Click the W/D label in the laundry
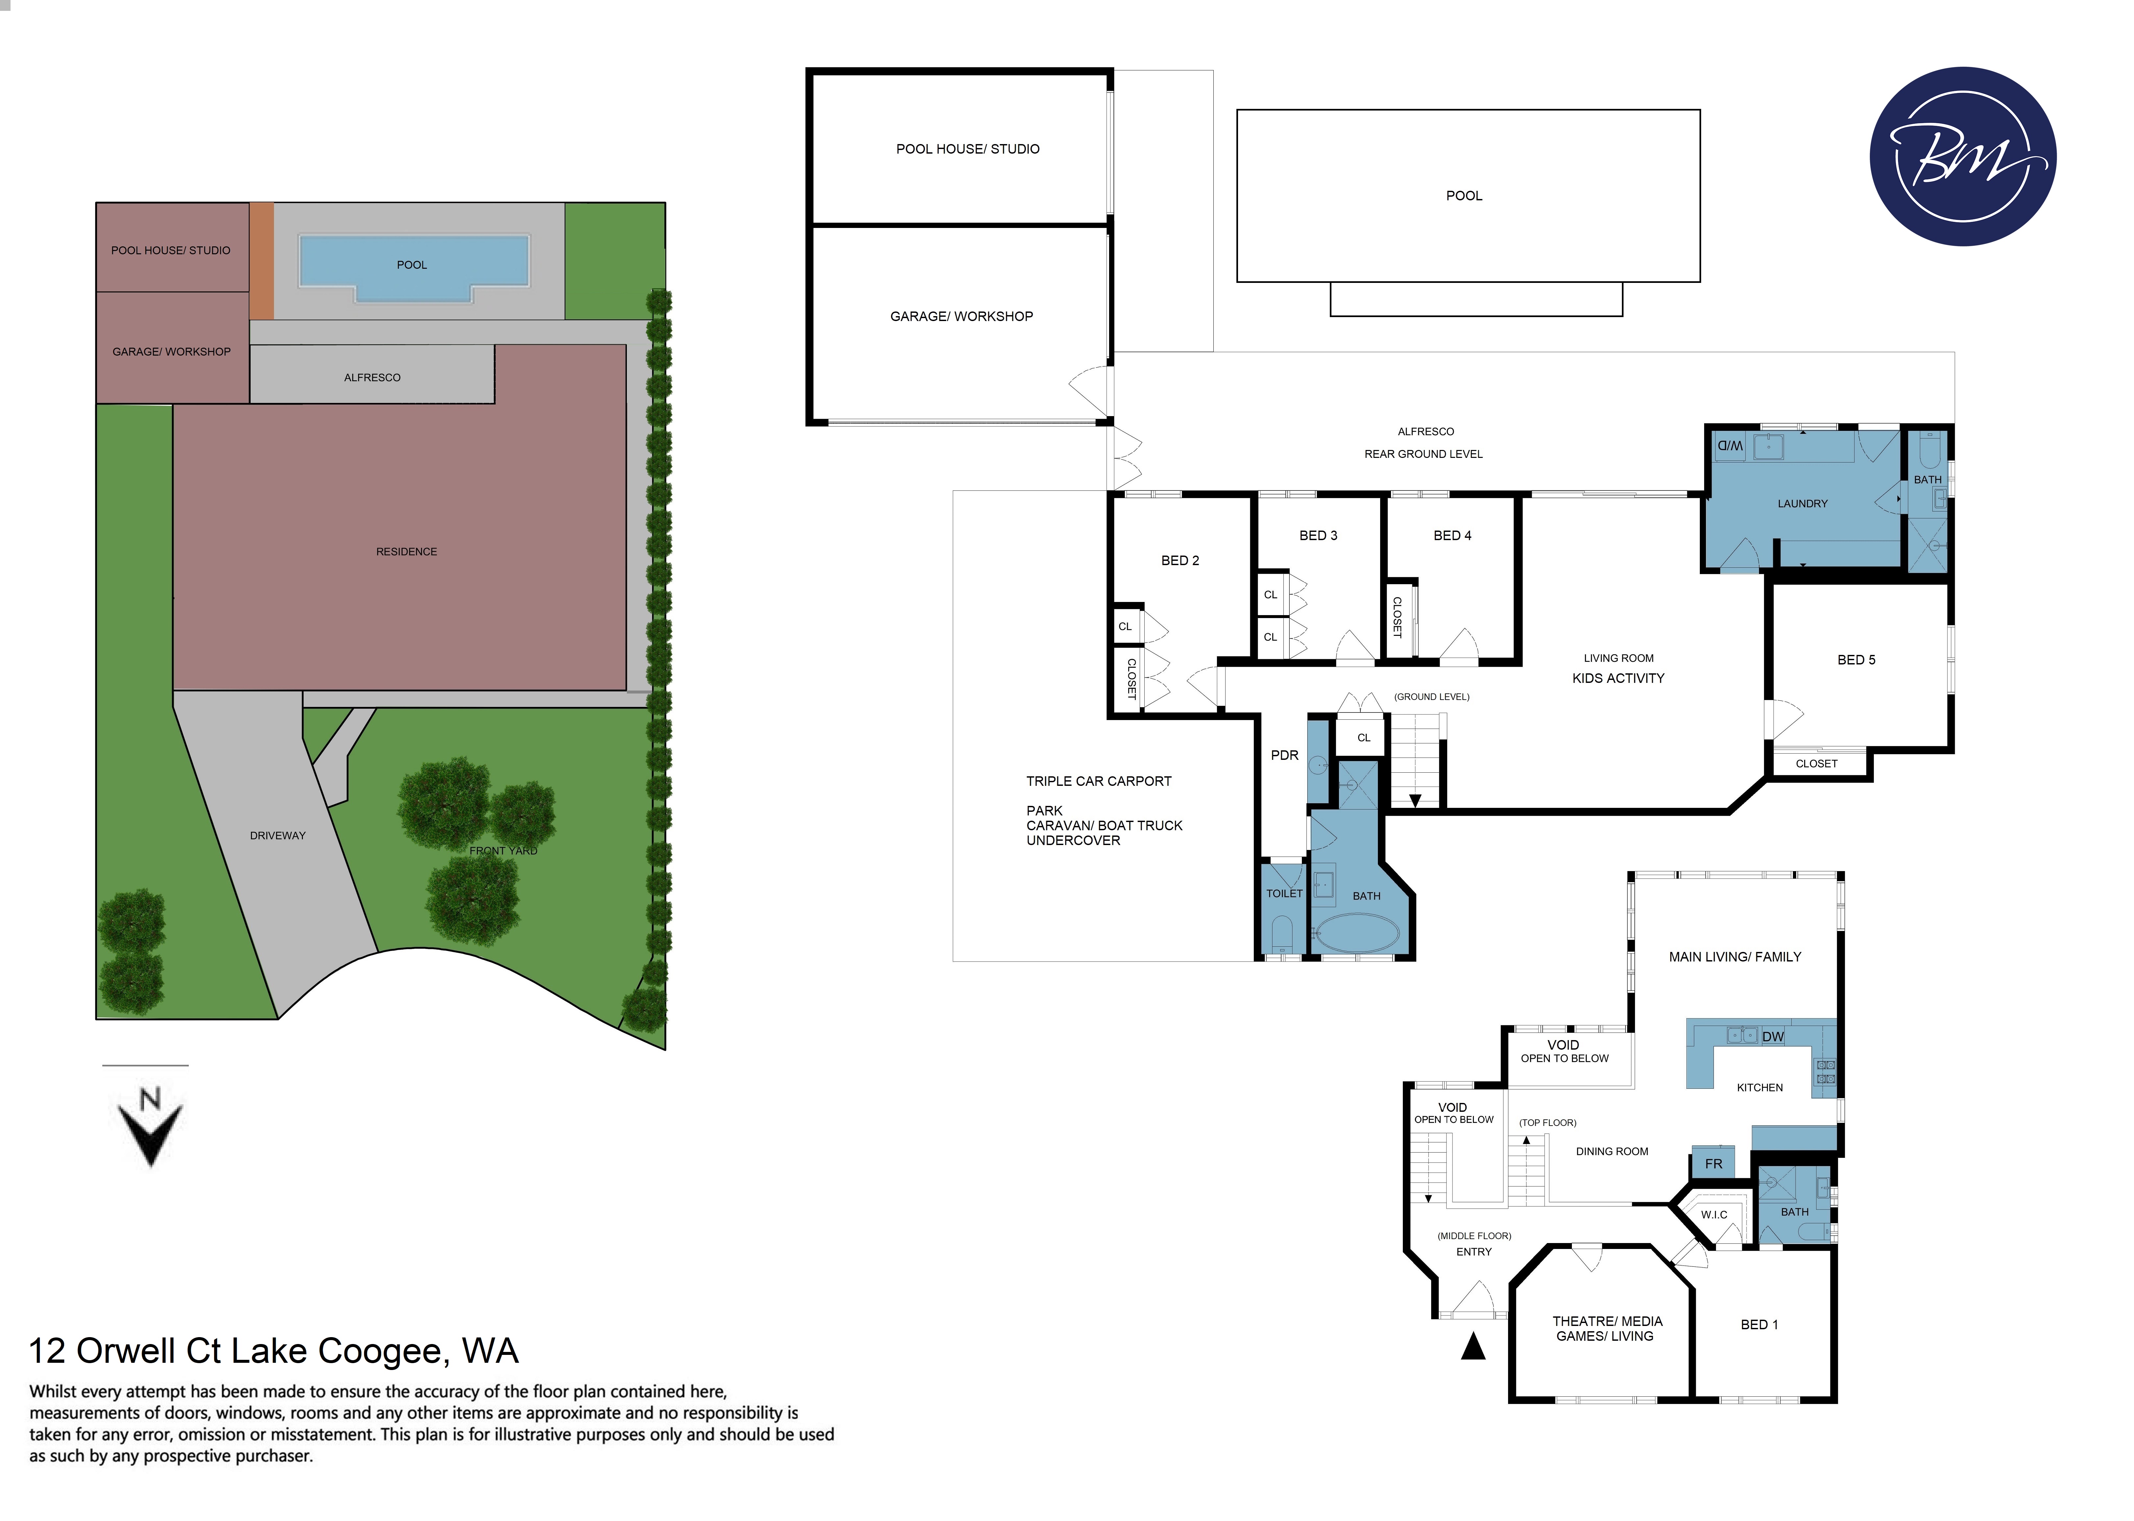coord(1729,446)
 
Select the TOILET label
coord(1284,893)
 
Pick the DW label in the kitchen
coord(1773,1037)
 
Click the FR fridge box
coord(1713,1163)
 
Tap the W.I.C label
coord(1714,1215)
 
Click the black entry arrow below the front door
coord(1473,1347)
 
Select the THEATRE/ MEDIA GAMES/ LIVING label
coord(1607,1328)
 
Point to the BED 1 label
coord(1758,1324)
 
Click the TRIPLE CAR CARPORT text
coord(1098,781)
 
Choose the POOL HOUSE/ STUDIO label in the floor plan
coord(967,149)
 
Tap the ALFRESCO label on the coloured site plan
coord(372,377)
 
